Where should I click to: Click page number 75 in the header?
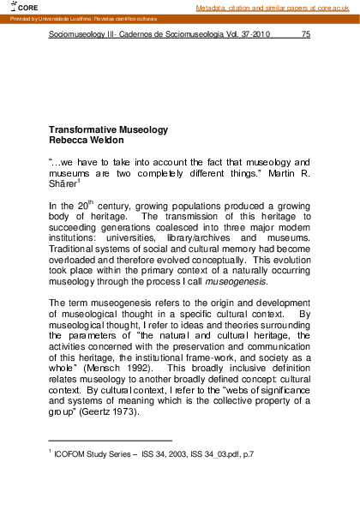pos(306,36)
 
